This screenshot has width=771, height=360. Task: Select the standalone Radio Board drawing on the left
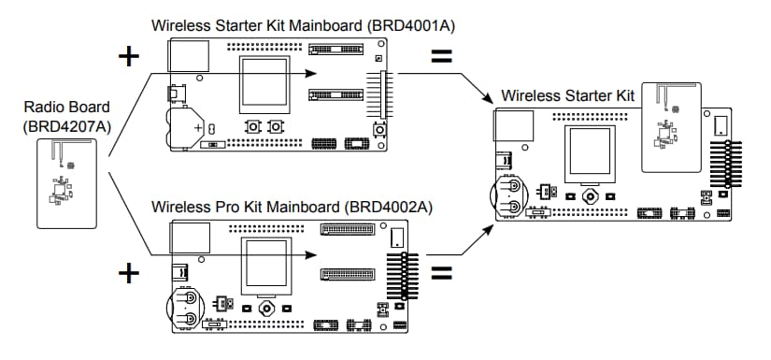pyautogui.click(x=64, y=183)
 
